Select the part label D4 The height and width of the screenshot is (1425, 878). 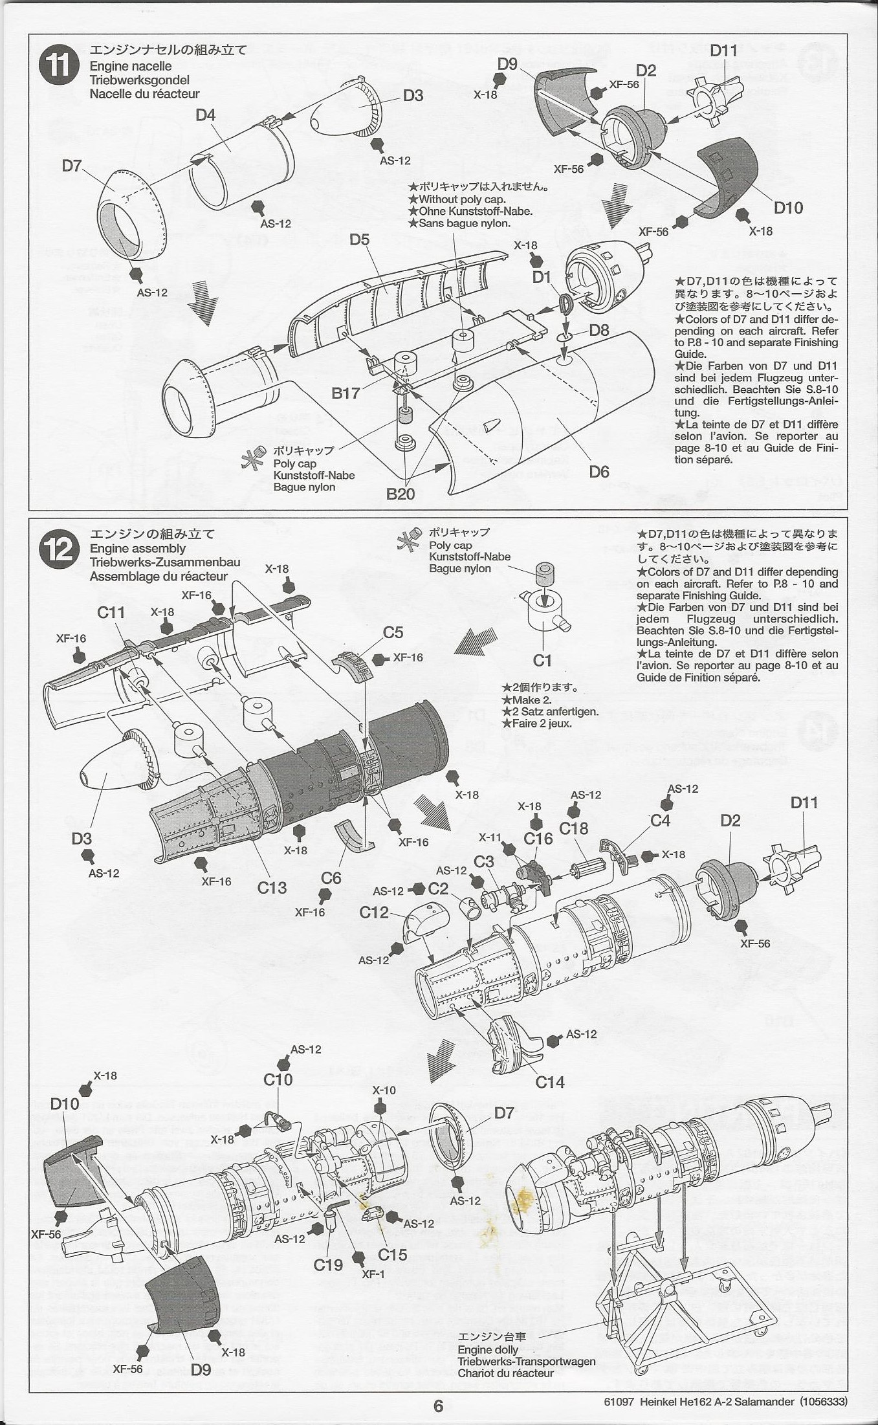click(205, 115)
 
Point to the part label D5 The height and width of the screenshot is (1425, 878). click(359, 240)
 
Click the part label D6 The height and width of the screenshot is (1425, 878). click(599, 472)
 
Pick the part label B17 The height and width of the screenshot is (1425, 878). click(346, 393)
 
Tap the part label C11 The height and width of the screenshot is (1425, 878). click(111, 612)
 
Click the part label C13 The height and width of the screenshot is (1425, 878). click(272, 887)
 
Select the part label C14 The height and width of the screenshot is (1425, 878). click(550, 1082)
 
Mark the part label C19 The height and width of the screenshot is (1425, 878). click(328, 1265)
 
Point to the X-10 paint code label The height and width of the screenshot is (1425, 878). click(384, 1090)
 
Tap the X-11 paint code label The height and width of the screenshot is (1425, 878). click(490, 837)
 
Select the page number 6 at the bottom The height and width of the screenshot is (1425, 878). click(438, 1406)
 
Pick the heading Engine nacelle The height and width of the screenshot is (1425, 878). click(131, 66)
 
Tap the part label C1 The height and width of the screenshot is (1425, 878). click(542, 660)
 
